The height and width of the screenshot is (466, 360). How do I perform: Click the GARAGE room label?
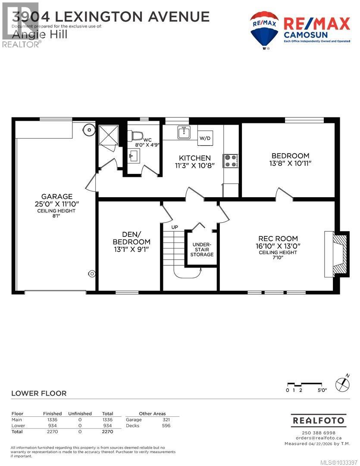(x=54, y=196)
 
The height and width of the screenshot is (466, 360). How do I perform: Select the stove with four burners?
(x=229, y=161)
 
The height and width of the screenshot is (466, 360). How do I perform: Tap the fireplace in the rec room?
(x=336, y=255)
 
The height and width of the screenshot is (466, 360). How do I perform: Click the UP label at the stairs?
(x=175, y=227)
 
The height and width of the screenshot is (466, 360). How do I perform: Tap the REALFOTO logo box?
(x=318, y=420)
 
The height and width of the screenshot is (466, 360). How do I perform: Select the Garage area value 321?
(x=166, y=419)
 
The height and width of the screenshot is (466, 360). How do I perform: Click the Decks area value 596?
(x=166, y=426)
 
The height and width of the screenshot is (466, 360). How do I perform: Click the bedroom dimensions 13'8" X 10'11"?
(x=290, y=164)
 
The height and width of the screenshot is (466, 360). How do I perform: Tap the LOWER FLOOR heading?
(x=39, y=393)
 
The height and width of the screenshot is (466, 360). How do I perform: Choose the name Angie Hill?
(x=40, y=35)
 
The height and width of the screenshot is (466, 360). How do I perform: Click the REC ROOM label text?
(x=278, y=238)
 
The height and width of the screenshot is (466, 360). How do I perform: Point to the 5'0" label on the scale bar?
(x=322, y=390)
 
